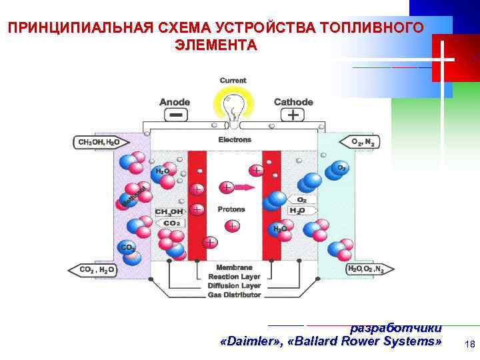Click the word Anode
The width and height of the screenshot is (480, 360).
[x=175, y=102]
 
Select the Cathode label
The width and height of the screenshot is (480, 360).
[x=293, y=102]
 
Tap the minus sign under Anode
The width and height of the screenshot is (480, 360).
[x=175, y=115]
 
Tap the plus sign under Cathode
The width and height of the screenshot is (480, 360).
[x=292, y=115]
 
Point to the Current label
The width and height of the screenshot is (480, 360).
[x=233, y=81]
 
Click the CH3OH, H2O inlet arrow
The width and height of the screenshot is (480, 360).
[x=97, y=142]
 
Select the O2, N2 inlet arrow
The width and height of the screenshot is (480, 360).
[x=366, y=142]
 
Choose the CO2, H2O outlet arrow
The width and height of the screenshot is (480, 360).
[x=93, y=269]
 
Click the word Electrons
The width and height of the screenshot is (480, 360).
[x=235, y=140]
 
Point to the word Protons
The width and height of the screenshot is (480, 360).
[x=231, y=209]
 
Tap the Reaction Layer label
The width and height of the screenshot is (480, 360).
[x=234, y=277]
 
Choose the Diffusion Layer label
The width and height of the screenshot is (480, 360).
[x=234, y=285]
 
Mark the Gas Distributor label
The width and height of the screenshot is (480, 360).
[x=234, y=294]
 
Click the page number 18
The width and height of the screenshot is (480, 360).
[x=469, y=344]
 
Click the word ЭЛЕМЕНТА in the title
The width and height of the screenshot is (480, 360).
[x=215, y=45]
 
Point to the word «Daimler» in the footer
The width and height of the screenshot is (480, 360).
[x=247, y=341]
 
